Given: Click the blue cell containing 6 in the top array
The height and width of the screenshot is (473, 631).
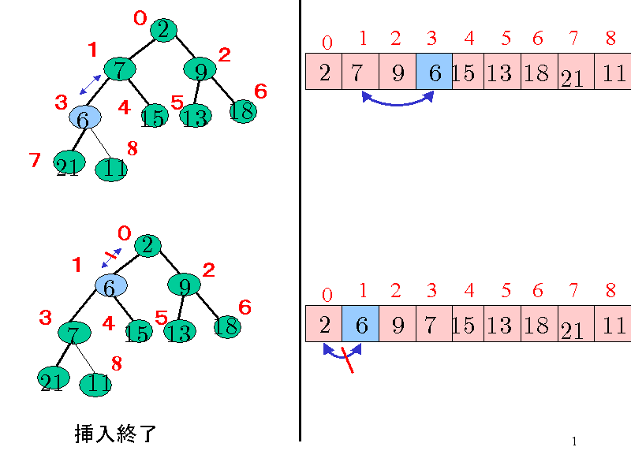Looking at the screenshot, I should tap(434, 72).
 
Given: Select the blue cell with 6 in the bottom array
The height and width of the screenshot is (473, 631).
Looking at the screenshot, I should tap(360, 324).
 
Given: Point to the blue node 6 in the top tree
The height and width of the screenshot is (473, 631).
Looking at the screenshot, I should tap(84, 118).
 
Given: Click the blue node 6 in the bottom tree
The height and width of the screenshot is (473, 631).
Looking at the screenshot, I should tap(110, 287).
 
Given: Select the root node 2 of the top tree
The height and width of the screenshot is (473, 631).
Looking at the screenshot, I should tap(162, 30).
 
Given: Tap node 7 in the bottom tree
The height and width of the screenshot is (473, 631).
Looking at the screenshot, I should tap(73, 330).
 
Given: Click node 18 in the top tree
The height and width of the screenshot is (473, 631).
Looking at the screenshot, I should tap(243, 111).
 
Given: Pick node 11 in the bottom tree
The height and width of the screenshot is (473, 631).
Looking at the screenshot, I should tap(95, 385).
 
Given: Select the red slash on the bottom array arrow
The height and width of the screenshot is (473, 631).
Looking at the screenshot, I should tap(346, 360).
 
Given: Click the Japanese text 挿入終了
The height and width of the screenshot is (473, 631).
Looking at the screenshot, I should tap(115, 433).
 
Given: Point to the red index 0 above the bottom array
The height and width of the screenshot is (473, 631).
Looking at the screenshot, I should tap(327, 296).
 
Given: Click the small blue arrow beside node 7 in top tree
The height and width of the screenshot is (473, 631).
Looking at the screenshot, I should tap(90, 85).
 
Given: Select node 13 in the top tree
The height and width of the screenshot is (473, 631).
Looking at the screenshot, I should tap(194, 117).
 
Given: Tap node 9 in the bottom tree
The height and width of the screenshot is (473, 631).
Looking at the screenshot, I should tap(184, 285).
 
